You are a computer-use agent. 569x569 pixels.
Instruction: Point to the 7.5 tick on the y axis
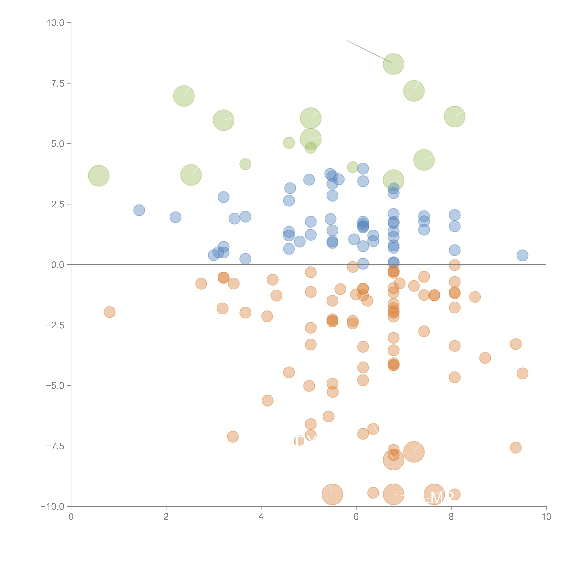[x=58, y=83]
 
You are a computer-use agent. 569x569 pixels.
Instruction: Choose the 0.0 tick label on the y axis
[x=58, y=265]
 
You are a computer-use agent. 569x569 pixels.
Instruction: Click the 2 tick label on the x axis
[x=166, y=517]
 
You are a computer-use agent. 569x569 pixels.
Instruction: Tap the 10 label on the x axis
[x=546, y=517]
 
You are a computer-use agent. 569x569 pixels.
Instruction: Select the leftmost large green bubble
[x=99, y=176]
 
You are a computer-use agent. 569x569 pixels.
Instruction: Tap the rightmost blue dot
[x=522, y=255]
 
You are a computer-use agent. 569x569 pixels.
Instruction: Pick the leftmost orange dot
[x=110, y=312]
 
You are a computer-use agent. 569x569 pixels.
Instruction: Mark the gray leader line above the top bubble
[x=370, y=52]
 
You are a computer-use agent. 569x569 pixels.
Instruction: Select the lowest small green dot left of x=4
[x=245, y=164]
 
